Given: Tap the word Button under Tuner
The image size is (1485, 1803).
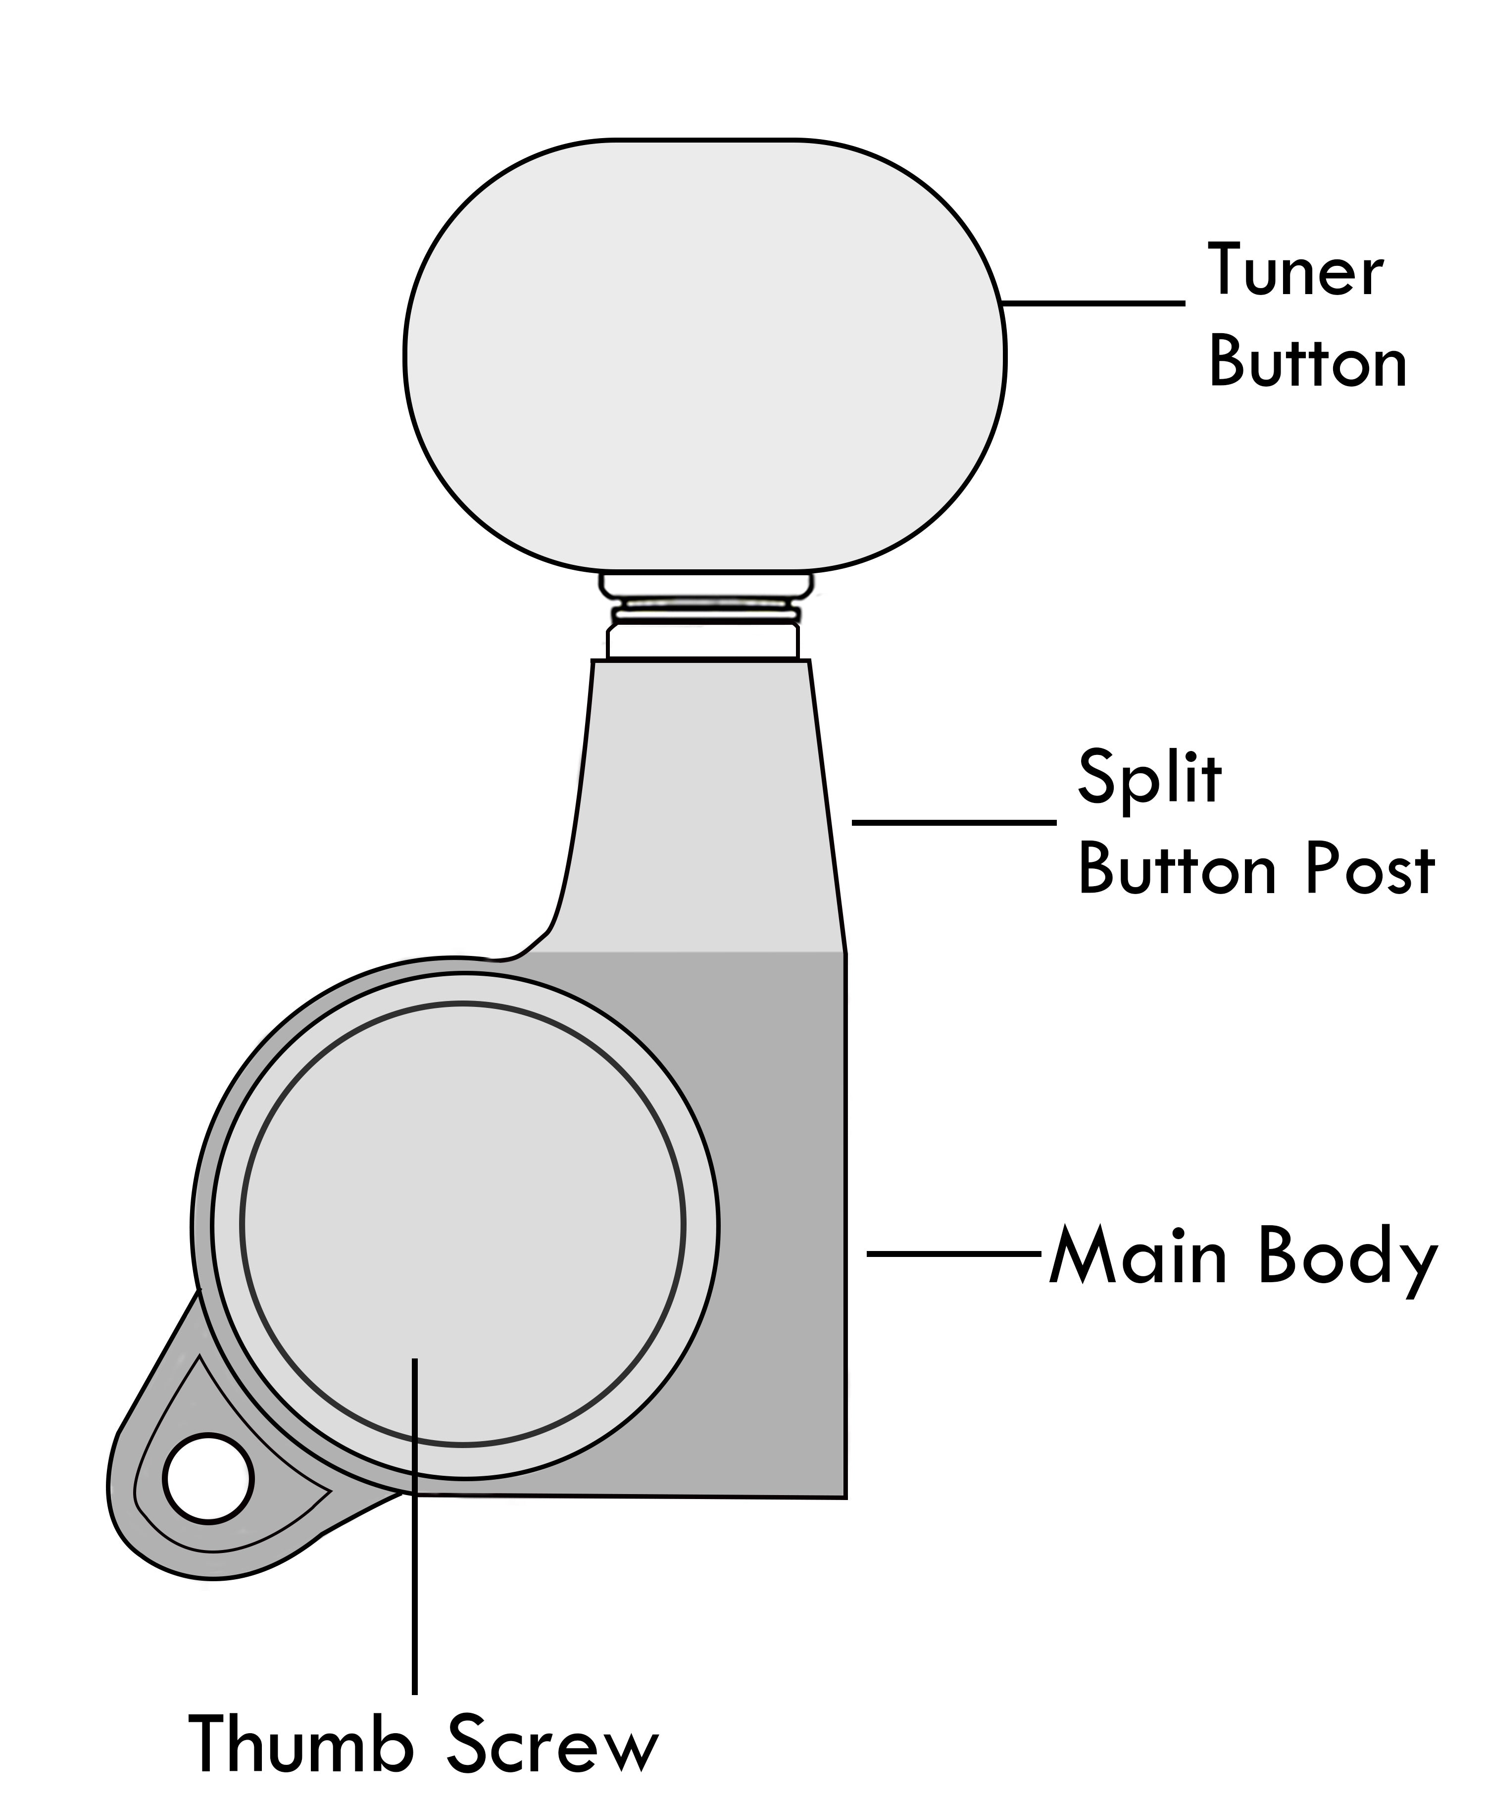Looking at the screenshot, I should (1307, 363).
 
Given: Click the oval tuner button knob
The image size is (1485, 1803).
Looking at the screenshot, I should (704, 354).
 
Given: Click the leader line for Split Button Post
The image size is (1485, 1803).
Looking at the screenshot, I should (954, 822).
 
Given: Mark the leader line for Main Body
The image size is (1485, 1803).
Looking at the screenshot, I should (954, 1254).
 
